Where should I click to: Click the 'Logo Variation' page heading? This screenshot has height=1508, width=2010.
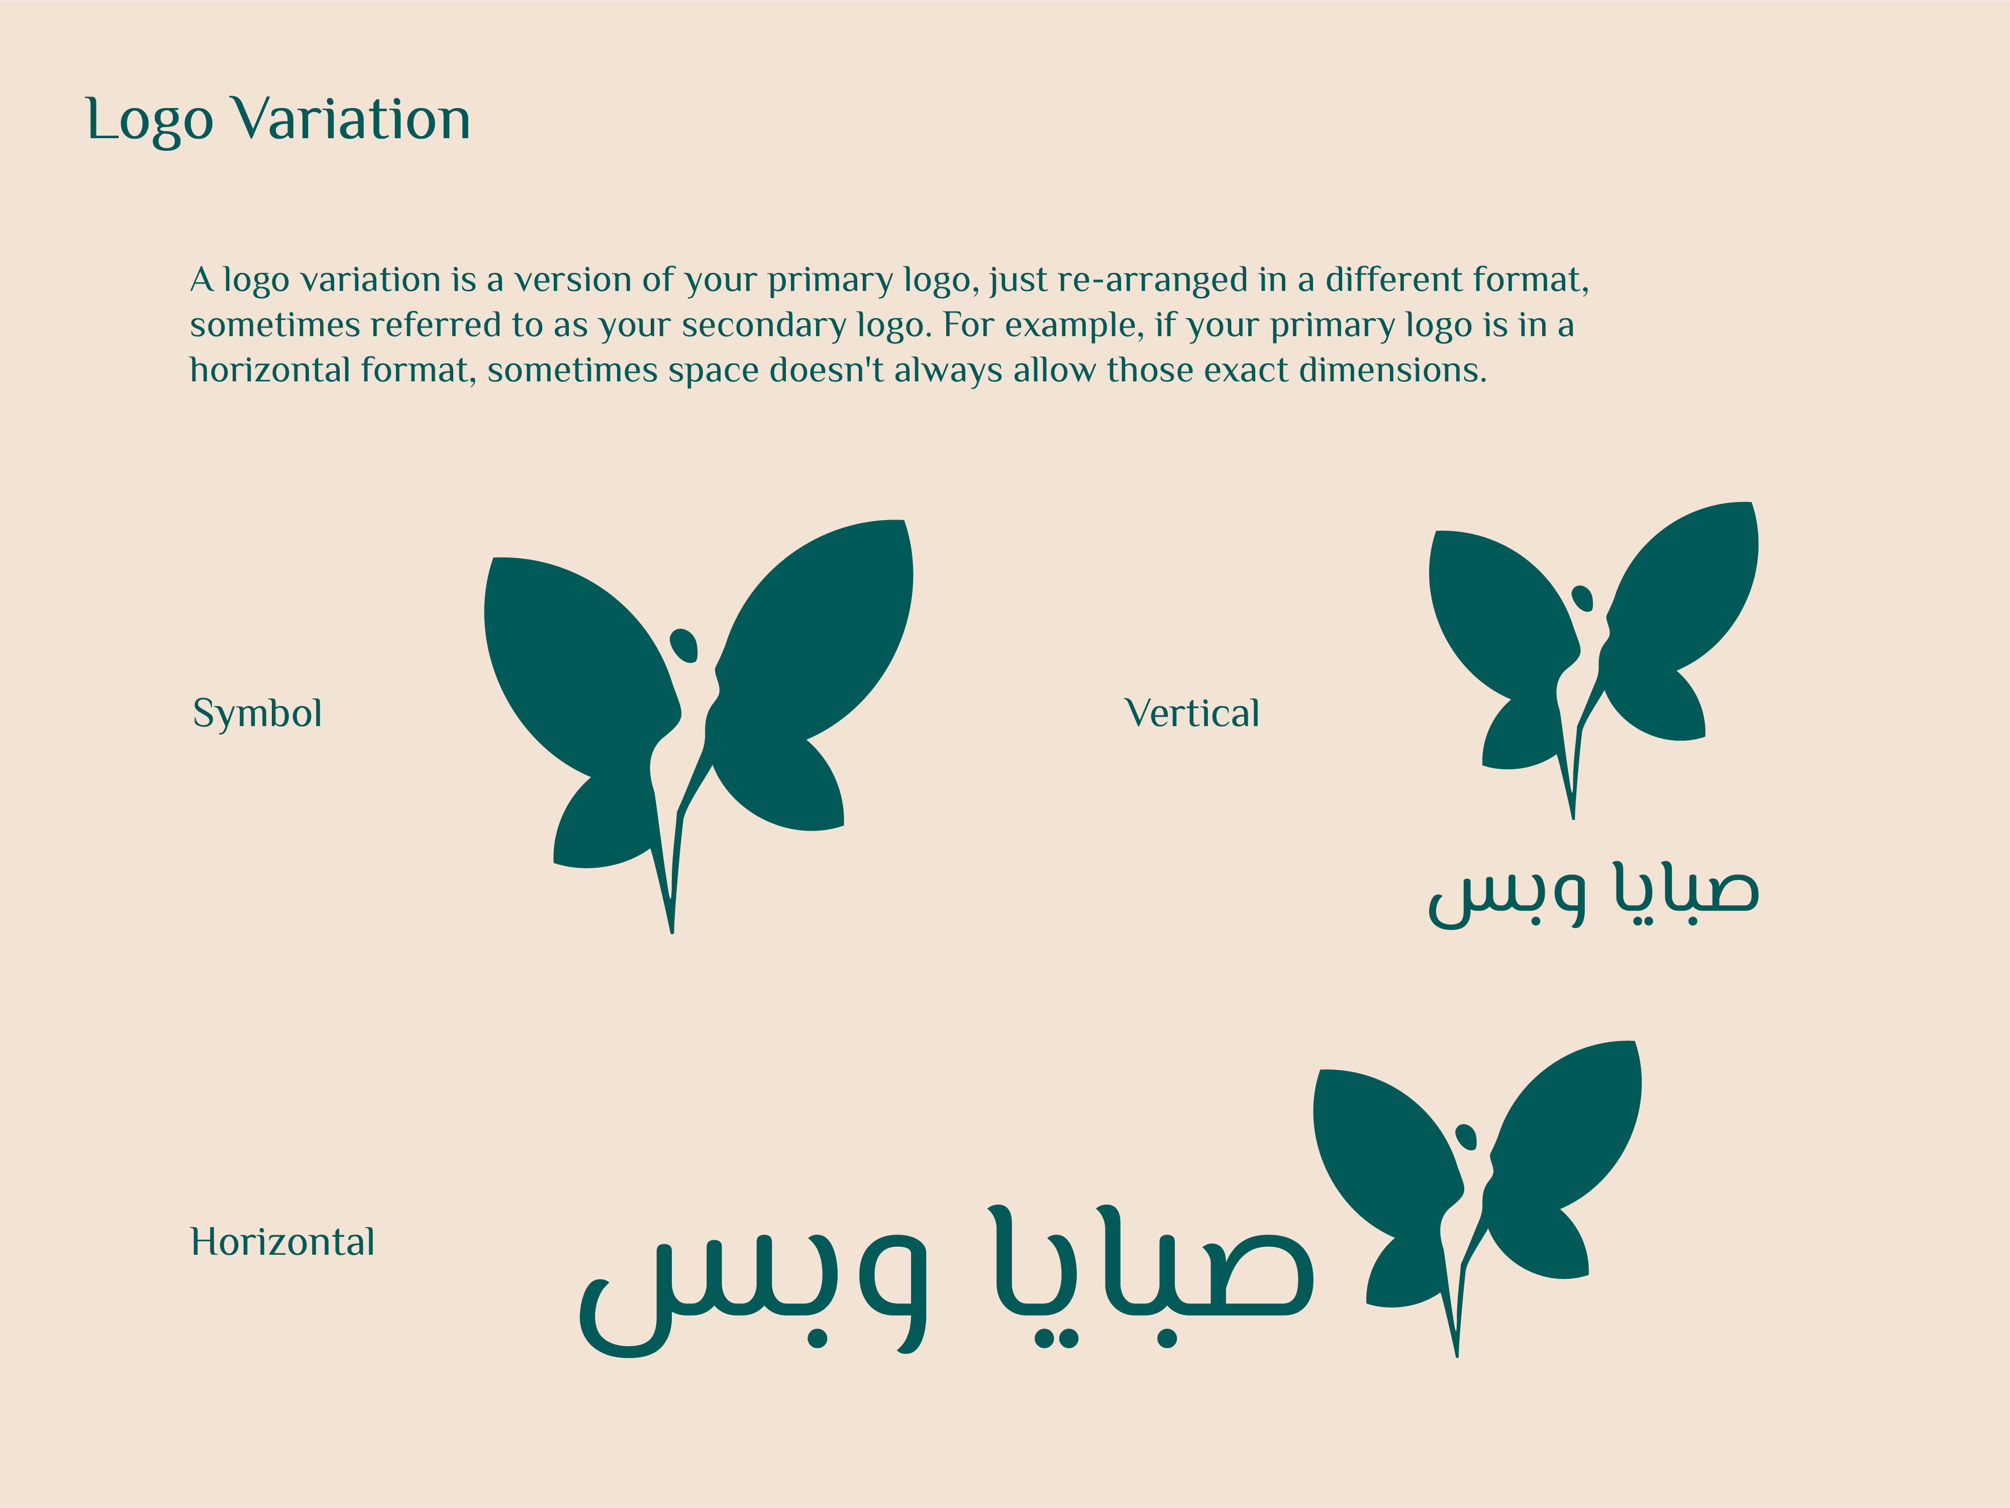(x=278, y=120)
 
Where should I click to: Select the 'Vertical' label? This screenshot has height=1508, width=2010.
(x=1191, y=713)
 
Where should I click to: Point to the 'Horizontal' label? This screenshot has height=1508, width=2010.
(x=282, y=1242)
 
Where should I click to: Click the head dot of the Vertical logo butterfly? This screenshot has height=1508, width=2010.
(x=1582, y=597)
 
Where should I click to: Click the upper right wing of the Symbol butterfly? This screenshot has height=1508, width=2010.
(x=818, y=627)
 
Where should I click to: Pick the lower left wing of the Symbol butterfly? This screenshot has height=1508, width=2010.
(x=599, y=827)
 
